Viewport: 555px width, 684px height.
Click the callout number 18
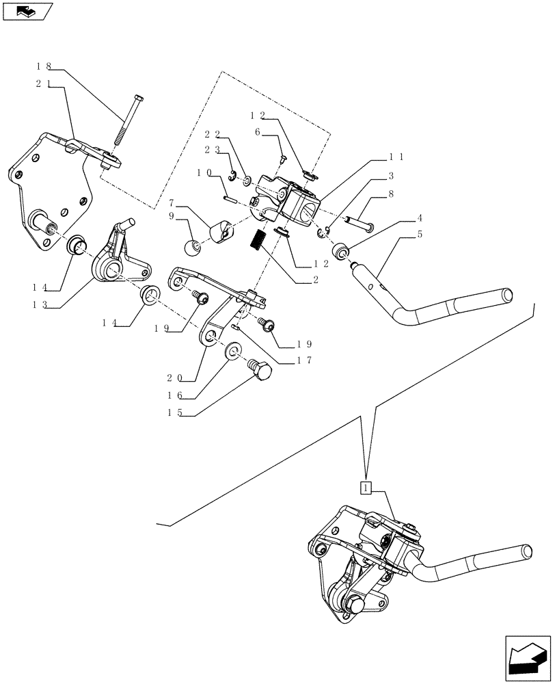44,67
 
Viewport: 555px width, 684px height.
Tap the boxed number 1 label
366,488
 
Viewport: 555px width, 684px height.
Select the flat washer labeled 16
233,352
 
